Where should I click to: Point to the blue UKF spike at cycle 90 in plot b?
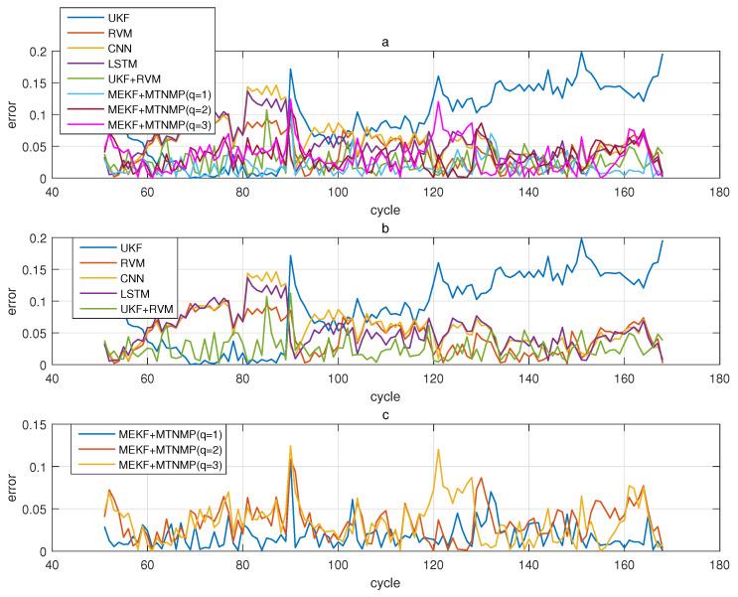click(290, 256)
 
